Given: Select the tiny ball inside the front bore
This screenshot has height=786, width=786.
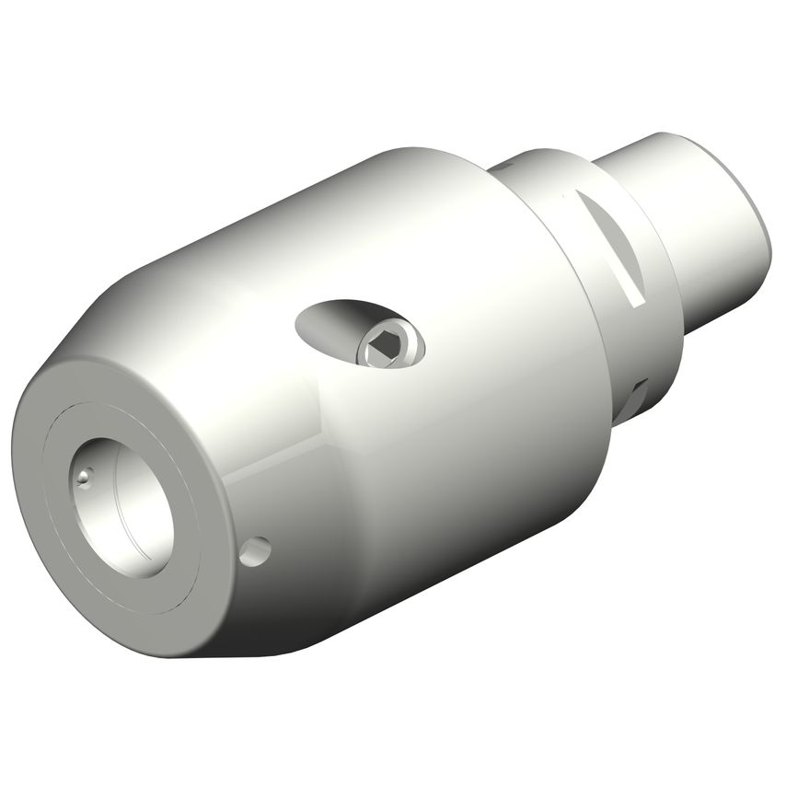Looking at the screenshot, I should [85, 476].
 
